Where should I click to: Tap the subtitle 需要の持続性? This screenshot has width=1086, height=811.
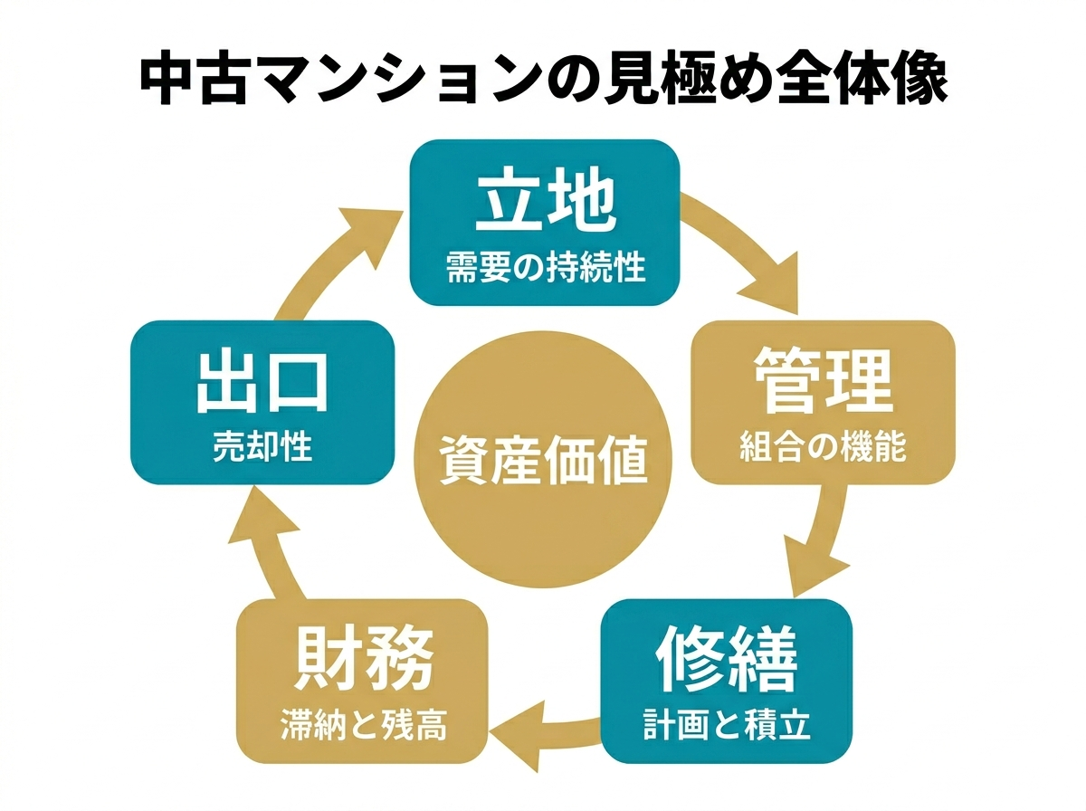click(545, 268)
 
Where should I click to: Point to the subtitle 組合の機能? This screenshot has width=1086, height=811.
click(823, 447)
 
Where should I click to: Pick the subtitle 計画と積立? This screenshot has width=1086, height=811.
click(727, 725)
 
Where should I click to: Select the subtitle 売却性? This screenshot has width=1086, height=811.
click(262, 447)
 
